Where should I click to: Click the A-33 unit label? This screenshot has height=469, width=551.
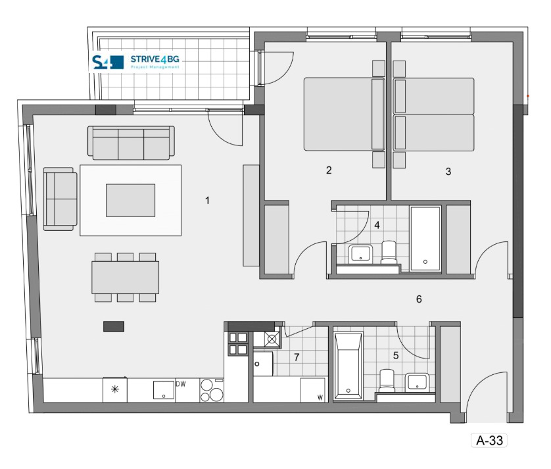pyautogui.click(x=489, y=440)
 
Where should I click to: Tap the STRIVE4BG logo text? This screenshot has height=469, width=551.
pyautogui.click(x=155, y=59)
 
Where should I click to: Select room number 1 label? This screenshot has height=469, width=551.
pyautogui.click(x=207, y=201)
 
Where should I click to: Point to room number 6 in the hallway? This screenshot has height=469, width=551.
pyautogui.click(x=419, y=299)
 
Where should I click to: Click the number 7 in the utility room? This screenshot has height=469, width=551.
pyautogui.click(x=297, y=357)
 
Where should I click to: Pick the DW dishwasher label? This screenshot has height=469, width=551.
pyautogui.click(x=181, y=384)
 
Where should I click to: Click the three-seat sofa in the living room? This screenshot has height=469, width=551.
pyautogui.click(x=131, y=143)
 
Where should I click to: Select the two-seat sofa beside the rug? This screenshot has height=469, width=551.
pyautogui.click(x=60, y=199)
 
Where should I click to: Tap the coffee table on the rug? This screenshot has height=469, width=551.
pyautogui.click(x=130, y=200)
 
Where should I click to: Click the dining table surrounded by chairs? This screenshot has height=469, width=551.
pyautogui.click(x=125, y=277)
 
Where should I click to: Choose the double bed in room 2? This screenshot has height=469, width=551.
pyautogui.click(x=344, y=114)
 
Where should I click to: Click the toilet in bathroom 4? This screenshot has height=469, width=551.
pyautogui.click(x=389, y=252)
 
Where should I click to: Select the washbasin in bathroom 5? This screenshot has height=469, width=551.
pyautogui.click(x=417, y=382)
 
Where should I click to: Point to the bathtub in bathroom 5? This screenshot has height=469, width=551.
pyautogui.click(x=348, y=366)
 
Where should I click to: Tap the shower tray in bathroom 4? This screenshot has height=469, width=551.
pyautogui.click(x=425, y=238)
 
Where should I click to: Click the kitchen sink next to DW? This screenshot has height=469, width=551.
pyautogui.click(x=164, y=390)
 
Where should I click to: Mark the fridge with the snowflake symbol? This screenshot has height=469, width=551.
pyautogui.click(x=115, y=389)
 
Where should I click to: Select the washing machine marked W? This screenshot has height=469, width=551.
pyautogui.click(x=313, y=390)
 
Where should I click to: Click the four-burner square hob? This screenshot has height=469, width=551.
pyautogui.click(x=238, y=343)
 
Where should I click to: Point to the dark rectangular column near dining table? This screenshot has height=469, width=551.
pyautogui.click(x=114, y=326)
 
